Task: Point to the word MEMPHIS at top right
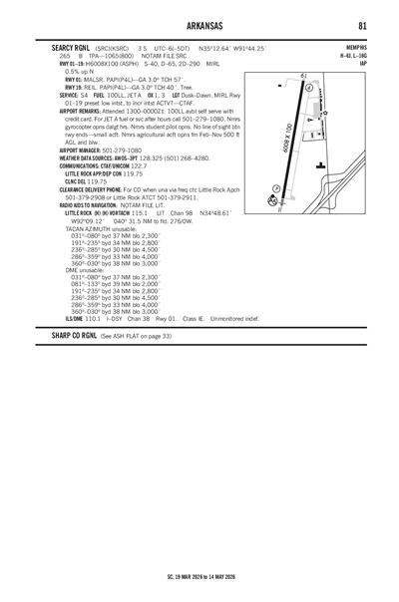click(x=356, y=46)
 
